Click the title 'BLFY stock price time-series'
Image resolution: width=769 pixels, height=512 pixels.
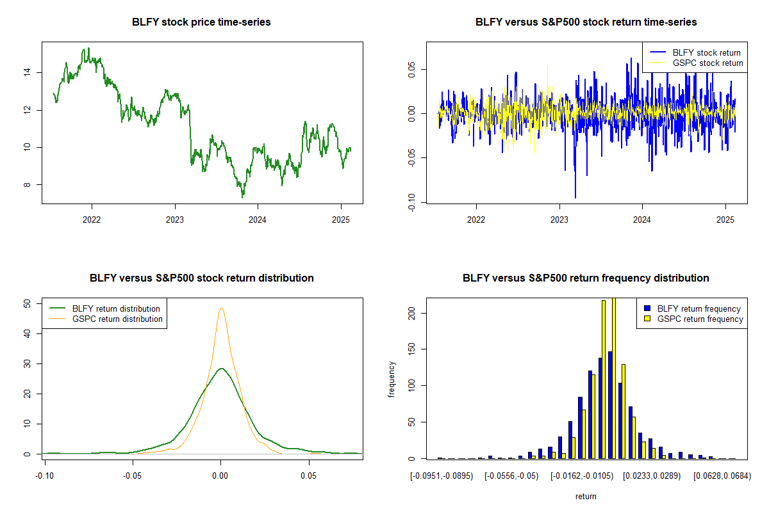(x=201, y=22)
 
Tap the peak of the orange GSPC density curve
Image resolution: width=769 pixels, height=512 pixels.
(x=222, y=308)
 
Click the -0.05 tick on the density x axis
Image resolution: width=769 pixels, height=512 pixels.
(x=133, y=476)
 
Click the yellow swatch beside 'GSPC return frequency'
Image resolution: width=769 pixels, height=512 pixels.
(x=648, y=319)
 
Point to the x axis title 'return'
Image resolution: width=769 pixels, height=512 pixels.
(x=586, y=497)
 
